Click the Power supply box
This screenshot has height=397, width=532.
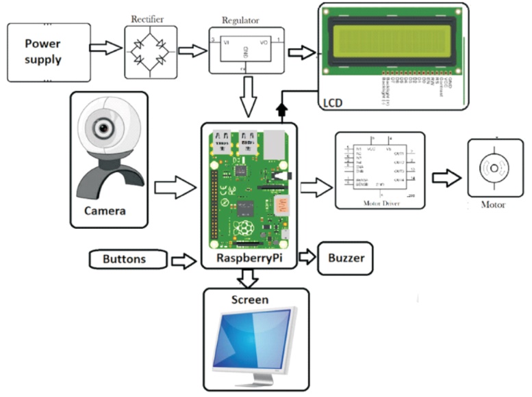49,51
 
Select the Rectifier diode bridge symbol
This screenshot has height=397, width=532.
150,52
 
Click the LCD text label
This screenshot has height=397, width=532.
331,103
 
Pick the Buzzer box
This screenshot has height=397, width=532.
345,258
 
